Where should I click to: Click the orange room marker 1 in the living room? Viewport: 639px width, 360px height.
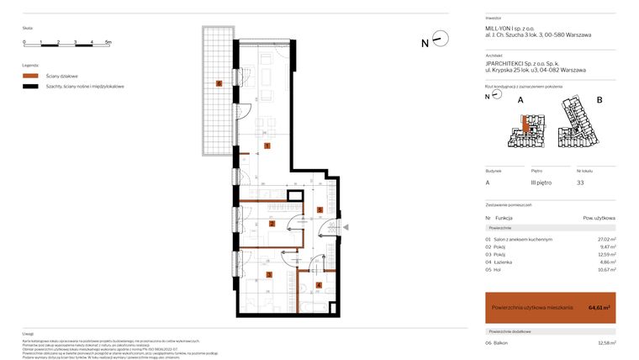[x=267, y=146]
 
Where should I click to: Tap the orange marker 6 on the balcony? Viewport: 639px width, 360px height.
[x=219, y=83]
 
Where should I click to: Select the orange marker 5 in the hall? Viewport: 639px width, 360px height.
[x=319, y=210]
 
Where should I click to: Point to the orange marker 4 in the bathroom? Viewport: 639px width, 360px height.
[x=318, y=284]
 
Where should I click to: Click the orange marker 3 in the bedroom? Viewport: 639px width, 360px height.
[x=268, y=274]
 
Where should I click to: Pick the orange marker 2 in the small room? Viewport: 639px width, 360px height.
[x=272, y=224]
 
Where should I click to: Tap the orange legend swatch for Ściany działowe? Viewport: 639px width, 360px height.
[x=31, y=76]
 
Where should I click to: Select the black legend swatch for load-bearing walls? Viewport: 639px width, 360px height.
[x=31, y=87]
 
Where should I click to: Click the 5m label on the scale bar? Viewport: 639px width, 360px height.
[x=108, y=42]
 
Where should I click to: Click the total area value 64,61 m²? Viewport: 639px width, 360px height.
[x=599, y=308]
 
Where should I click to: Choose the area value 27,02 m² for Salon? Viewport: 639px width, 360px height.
[x=605, y=239]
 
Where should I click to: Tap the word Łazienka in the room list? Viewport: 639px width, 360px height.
[x=504, y=262]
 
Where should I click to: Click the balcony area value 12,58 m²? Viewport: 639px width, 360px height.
[x=605, y=342]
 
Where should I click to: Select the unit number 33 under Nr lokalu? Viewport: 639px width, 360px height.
[x=580, y=183]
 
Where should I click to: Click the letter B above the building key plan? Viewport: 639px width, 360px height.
[x=599, y=100]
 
